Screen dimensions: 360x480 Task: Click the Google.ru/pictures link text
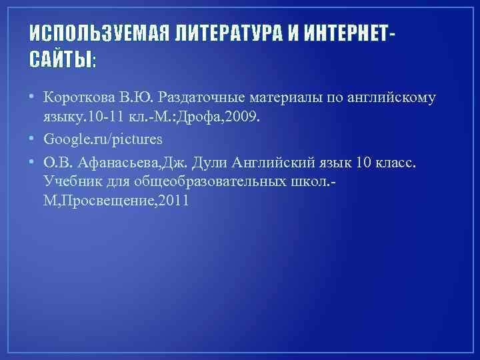pyautogui.click(x=103, y=140)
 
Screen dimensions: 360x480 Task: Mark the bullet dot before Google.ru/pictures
pyautogui.click(x=33, y=141)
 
